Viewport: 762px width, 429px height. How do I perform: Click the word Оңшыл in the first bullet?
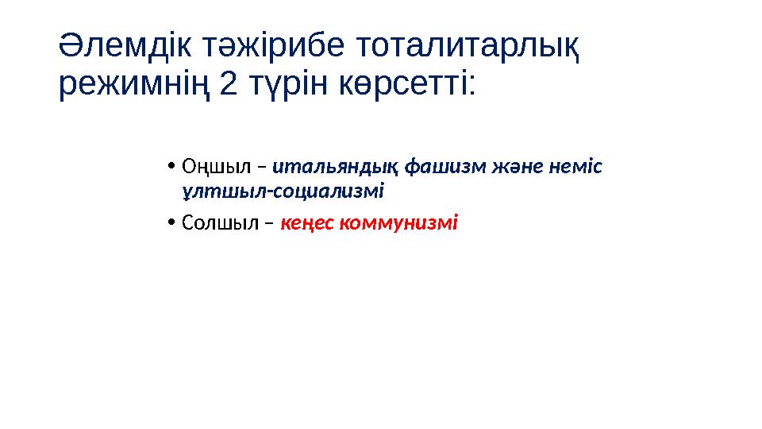(216, 168)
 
